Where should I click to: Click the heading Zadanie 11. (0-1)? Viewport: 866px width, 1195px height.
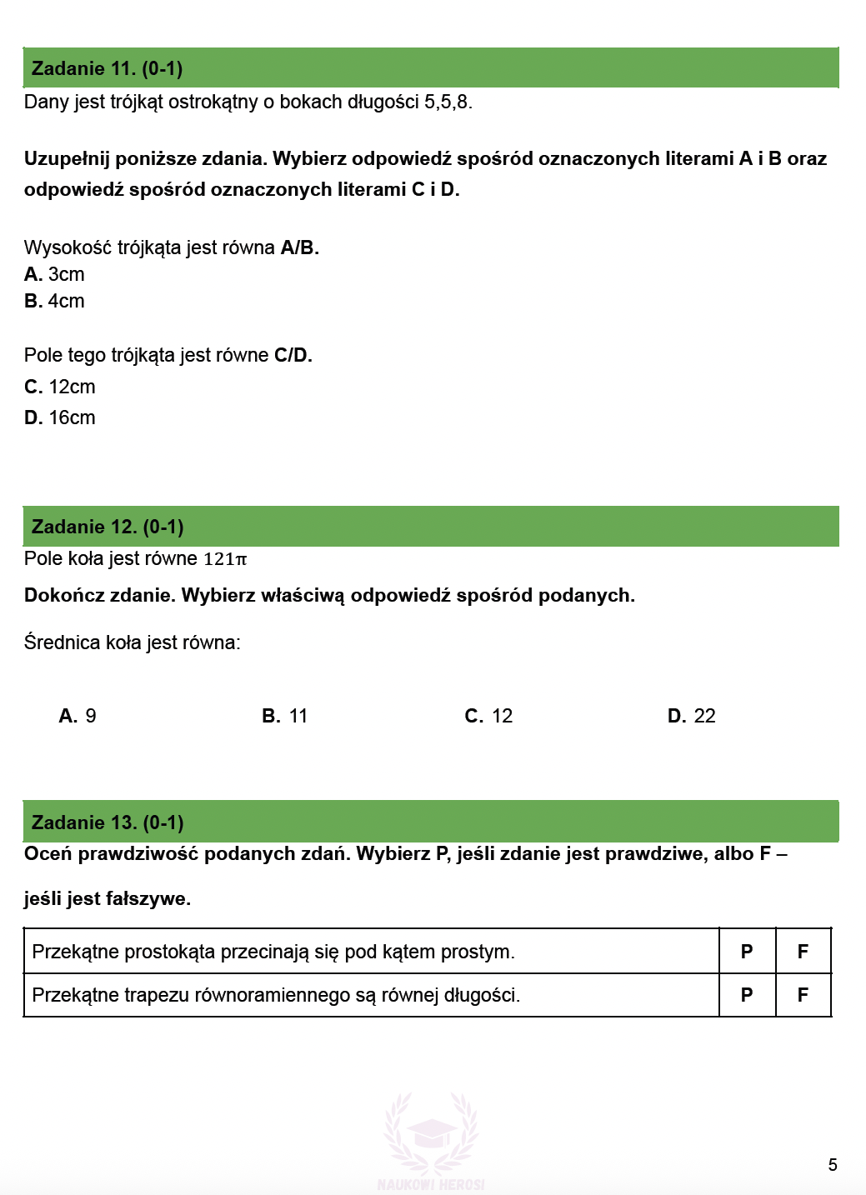point(107,68)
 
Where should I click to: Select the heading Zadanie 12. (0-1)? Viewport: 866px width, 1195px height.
point(108,527)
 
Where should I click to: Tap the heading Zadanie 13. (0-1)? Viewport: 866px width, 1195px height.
point(108,822)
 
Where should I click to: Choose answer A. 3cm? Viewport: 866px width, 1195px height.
point(55,274)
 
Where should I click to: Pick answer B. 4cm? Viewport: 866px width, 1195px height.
point(55,301)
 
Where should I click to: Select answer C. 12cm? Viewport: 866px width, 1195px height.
point(60,387)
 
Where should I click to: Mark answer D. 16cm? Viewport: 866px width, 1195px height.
point(60,417)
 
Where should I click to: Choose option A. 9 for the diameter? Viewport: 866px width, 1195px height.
point(78,716)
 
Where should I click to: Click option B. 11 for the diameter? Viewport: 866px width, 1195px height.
point(285,716)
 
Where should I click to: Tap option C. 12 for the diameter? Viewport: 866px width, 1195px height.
point(488,716)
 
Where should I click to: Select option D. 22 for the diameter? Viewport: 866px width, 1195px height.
point(692,716)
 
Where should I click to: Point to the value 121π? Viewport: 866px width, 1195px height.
point(225,559)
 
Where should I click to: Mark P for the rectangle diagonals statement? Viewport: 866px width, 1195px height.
point(747,952)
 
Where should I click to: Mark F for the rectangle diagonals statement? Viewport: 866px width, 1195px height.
point(803,952)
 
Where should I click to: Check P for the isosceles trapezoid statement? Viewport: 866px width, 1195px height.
point(747,995)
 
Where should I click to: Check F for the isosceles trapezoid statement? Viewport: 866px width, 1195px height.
point(803,995)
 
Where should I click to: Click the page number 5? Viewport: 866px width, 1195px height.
point(833,1165)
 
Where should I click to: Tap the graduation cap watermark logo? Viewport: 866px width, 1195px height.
point(431,1133)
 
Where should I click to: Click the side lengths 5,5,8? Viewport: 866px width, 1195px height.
point(448,102)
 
